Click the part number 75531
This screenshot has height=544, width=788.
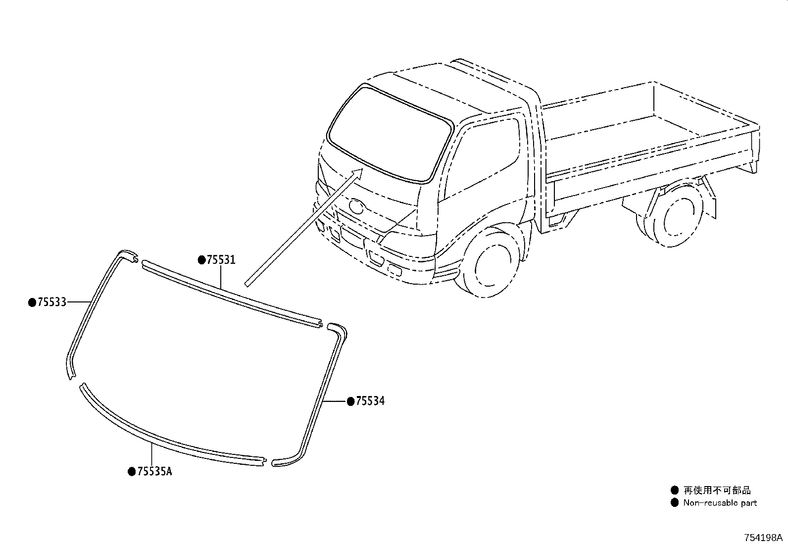click(221, 260)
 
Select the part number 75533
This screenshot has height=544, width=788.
click(51, 302)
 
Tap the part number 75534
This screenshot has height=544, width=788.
click(370, 401)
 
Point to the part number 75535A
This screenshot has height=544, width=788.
click(154, 472)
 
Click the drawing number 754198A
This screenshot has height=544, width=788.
click(763, 538)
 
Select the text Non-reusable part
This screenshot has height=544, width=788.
click(720, 503)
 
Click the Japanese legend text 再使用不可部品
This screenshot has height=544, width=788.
click(717, 490)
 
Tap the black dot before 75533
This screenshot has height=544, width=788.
click(32, 302)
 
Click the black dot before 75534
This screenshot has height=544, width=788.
click(351, 401)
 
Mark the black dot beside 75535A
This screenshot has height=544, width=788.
click(132, 472)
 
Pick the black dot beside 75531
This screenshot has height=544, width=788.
click(201, 260)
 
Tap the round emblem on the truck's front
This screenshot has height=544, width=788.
click(356, 206)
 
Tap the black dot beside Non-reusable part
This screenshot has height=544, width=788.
click(675, 503)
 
